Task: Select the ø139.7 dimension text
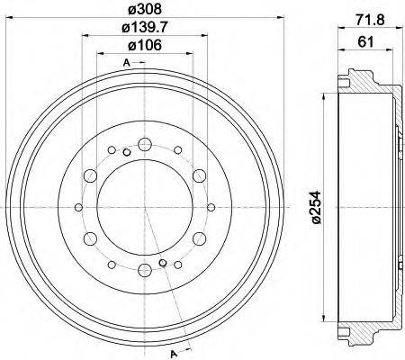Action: click(x=145, y=31)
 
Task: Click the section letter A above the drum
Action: click(x=128, y=62)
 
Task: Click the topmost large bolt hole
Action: click(x=146, y=142)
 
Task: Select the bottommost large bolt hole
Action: click(x=146, y=270)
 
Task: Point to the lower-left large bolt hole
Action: click(x=91, y=238)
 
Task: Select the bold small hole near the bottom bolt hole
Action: click(x=163, y=263)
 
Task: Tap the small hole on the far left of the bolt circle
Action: click(x=82, y=206)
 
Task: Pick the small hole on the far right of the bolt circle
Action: click(x=210, y=206)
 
